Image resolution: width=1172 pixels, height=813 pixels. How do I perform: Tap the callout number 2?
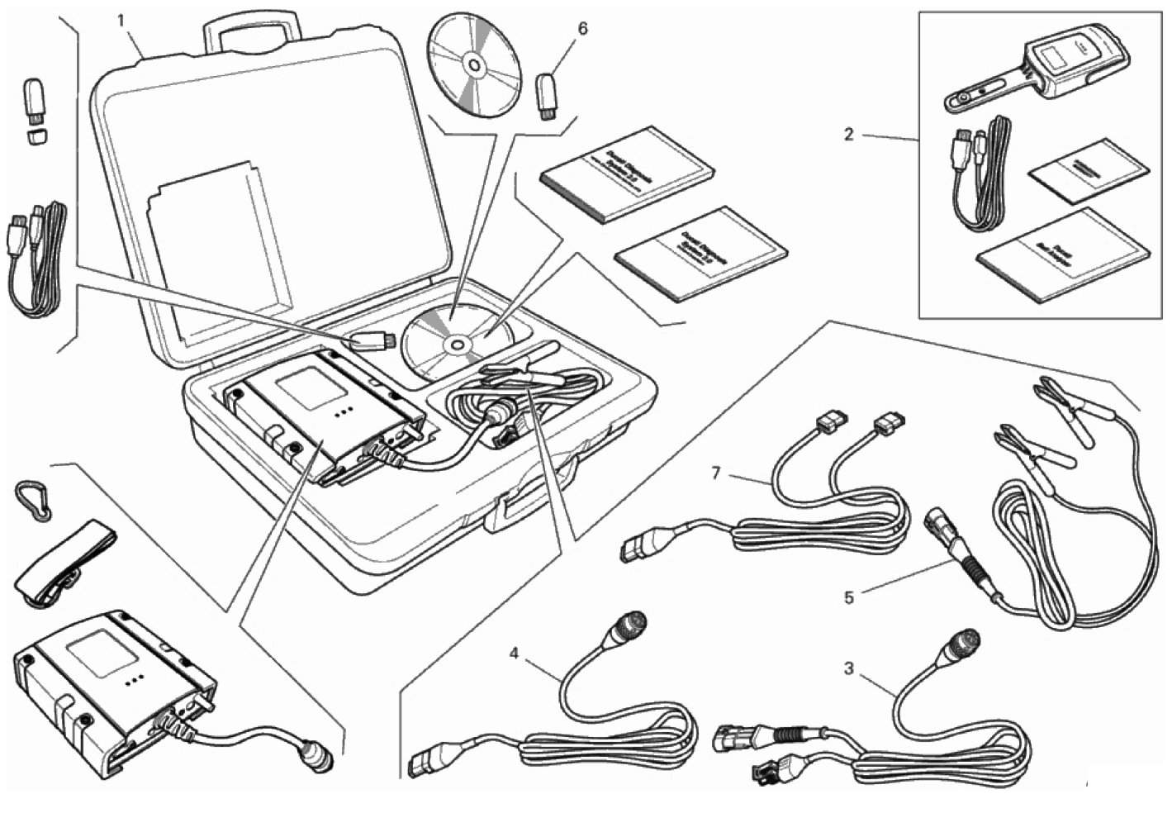[848, 134]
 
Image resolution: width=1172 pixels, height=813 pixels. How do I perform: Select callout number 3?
[849, 668]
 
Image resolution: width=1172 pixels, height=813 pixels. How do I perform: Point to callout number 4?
[514, 654]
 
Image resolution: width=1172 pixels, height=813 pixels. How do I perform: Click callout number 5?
[849, 597]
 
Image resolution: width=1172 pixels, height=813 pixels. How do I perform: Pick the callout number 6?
[582, 29]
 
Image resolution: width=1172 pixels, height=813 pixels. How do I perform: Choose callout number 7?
[716, 473]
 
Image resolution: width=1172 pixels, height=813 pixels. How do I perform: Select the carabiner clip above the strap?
[32, 498]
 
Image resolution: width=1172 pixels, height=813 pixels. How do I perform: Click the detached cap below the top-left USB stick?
[36, 134]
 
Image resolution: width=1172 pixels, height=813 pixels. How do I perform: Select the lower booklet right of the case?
[702, 252]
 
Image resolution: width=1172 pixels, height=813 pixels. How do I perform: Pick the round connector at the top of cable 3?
[961, 644]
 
